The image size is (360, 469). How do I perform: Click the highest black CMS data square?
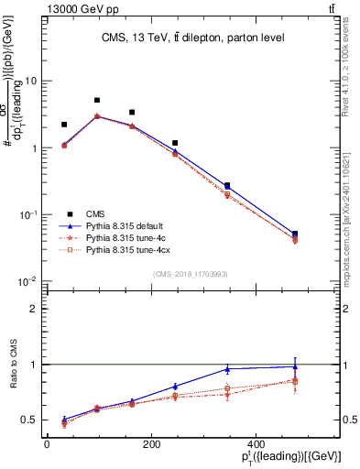click(97, 100)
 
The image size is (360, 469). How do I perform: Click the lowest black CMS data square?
click(294, 234)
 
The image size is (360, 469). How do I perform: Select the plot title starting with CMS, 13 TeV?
click(193, 38)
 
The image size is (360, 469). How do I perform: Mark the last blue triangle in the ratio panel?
click(294, 366)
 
